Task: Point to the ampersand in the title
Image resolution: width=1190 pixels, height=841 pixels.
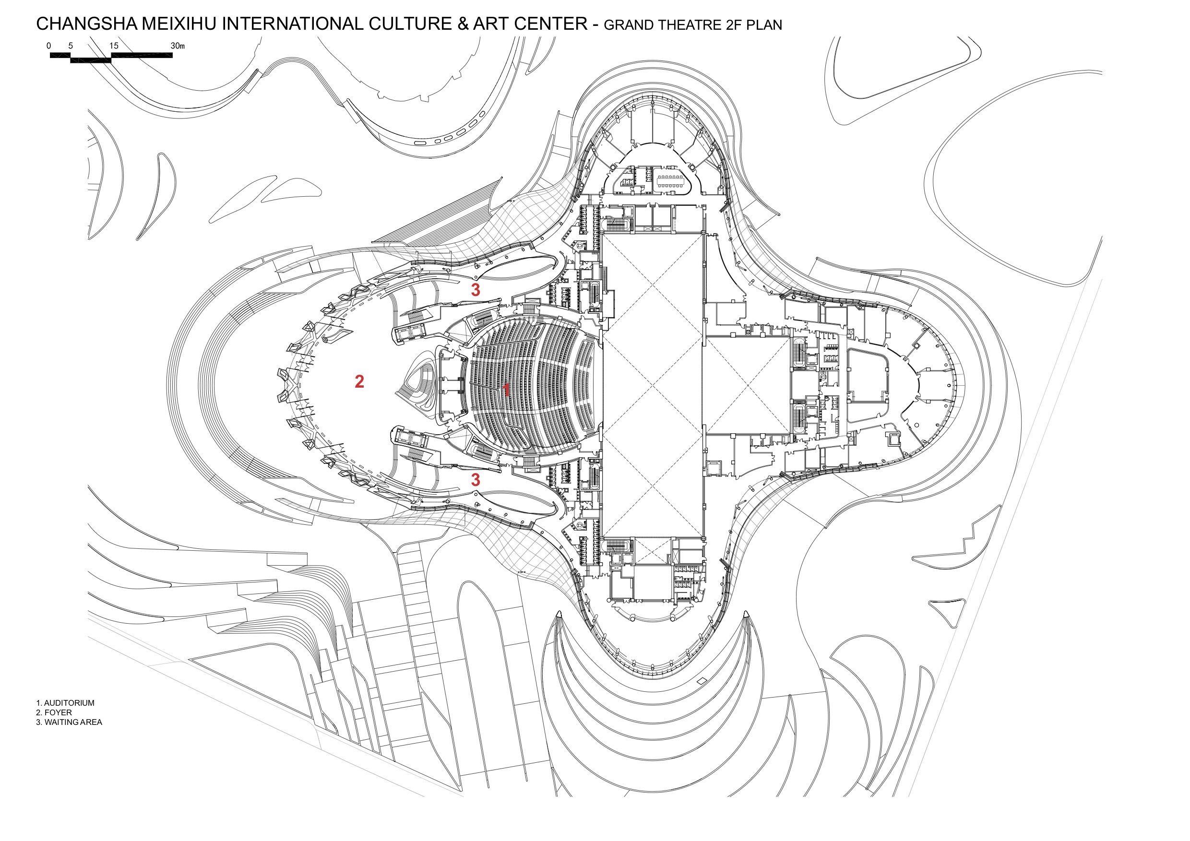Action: pos(463,24)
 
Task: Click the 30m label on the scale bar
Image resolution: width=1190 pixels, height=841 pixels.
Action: pos(177,46)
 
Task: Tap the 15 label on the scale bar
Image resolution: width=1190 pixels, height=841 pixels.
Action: pos(114,46)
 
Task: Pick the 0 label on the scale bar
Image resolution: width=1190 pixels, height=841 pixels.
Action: pos(49,46)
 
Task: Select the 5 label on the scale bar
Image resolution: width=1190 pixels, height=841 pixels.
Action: pos(71,46)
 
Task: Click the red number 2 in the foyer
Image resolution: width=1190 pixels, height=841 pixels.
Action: pos(359,382)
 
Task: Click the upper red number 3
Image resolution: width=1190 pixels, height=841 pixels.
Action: pos(475,290)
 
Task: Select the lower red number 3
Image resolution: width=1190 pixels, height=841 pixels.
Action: pos(475,480)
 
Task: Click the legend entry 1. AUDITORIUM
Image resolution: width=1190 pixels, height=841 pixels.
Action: pos(65,703)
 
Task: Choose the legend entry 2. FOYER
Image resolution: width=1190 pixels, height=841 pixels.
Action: pos(54,712)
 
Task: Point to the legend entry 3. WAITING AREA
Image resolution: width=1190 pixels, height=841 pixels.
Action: pos(69,723)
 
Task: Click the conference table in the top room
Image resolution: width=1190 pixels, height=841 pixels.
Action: pos(670,180)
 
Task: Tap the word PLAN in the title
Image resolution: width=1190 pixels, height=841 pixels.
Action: pos(764,25)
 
